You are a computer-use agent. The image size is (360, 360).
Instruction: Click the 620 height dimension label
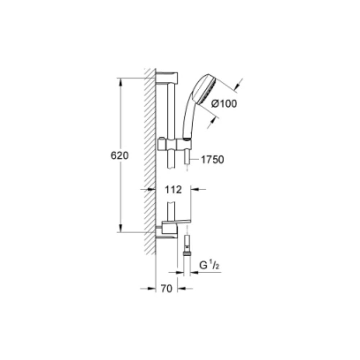coord(120,156)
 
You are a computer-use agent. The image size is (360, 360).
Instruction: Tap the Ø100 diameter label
coord(224,104)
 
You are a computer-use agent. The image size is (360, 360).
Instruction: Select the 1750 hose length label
coord(212,159)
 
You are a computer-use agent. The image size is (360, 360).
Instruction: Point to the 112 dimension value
coord(174,190)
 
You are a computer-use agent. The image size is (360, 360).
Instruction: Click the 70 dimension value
coord(166,289)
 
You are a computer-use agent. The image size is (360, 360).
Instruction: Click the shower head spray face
coord(208,90)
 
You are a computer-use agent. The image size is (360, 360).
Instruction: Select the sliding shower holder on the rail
coord(175,145)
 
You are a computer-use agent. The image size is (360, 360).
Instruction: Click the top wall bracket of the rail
coord(167,78)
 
